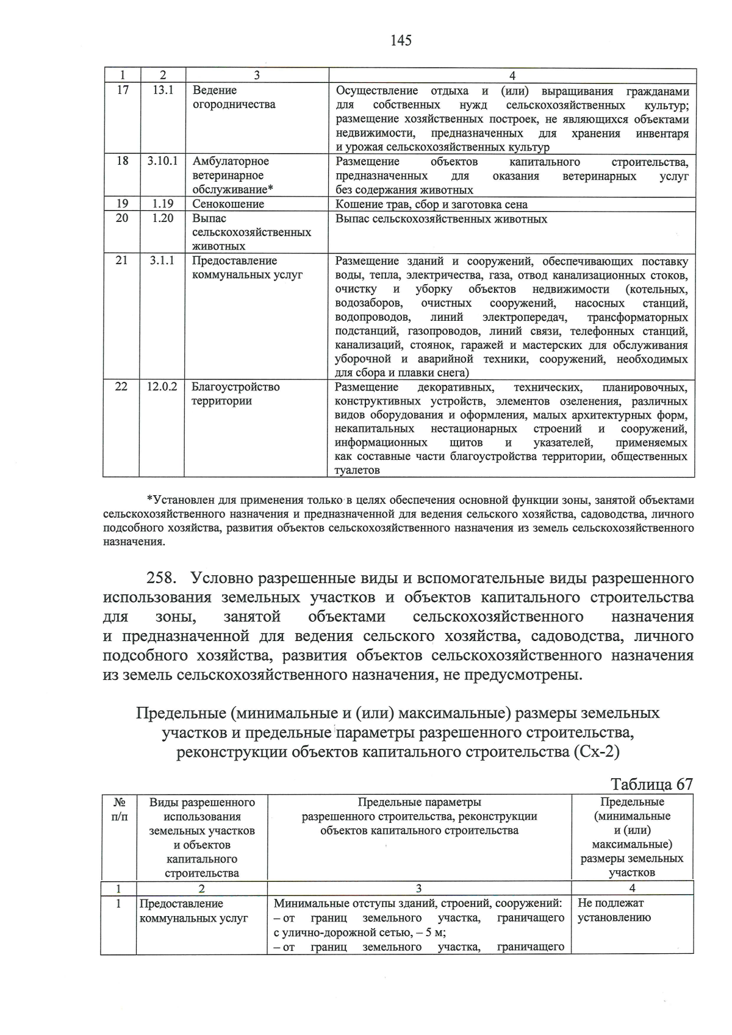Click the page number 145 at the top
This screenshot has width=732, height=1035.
pos(401,40)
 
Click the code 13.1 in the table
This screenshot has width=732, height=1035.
pos(162,90)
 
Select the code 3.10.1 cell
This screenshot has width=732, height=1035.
pos(162,162)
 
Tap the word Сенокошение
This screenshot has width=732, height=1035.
pos(228,204)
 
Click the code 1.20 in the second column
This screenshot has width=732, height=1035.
pos(162,218)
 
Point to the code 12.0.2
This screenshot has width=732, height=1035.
pos(162,387)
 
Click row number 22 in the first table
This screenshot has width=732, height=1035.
pos(121,387)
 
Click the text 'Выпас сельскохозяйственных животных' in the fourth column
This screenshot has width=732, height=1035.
pos(441,219)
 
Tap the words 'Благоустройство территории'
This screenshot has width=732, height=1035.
pos(235,394)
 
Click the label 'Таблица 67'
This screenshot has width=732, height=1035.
pos(651,784)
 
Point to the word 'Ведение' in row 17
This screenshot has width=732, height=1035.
pos(214,90)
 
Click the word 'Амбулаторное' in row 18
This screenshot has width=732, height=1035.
pos(231,162)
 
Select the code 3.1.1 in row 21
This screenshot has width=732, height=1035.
pos(162,261)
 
